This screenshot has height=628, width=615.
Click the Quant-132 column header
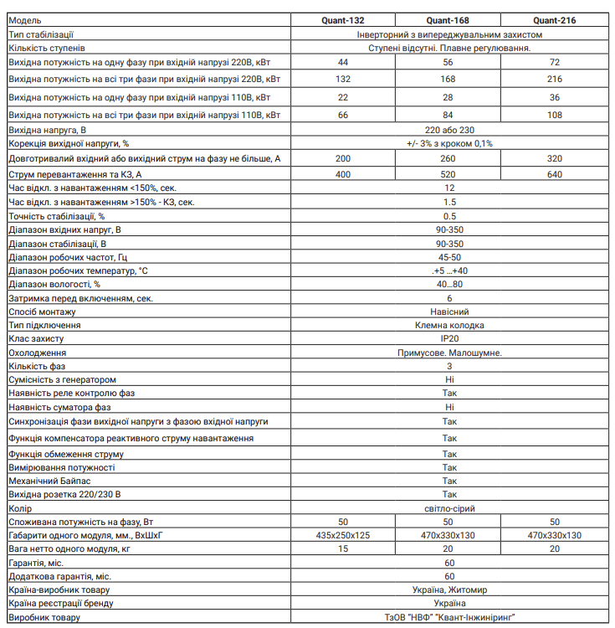[x=343, y=21]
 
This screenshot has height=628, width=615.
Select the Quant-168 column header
[x=450, y=21]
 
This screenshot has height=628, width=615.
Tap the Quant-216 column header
[x=555, y=21]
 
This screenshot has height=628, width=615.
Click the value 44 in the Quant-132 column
[x=343, y=63]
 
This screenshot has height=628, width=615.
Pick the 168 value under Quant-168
[x=450, y=80]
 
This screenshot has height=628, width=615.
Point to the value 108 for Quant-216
[x=555, y=115]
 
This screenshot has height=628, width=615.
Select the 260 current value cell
[x=450, y=158]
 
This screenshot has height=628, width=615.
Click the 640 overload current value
[x=555, y=174]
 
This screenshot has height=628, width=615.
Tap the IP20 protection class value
[x=450, y=339]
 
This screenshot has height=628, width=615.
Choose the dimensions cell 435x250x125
[x=343, y=535]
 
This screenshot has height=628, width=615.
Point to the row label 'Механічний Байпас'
[x=45, y=481]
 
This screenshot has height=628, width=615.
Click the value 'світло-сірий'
[x=450, y=508]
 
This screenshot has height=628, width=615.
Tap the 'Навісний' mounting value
[x=450, y=311]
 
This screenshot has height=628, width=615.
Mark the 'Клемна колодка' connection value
[x=450, y=325]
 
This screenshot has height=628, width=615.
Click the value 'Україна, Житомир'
[x=450, y=589]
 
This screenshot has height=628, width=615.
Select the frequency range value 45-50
[x=450, y=257]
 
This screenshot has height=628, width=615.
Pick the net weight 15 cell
[x=343, y=548]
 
